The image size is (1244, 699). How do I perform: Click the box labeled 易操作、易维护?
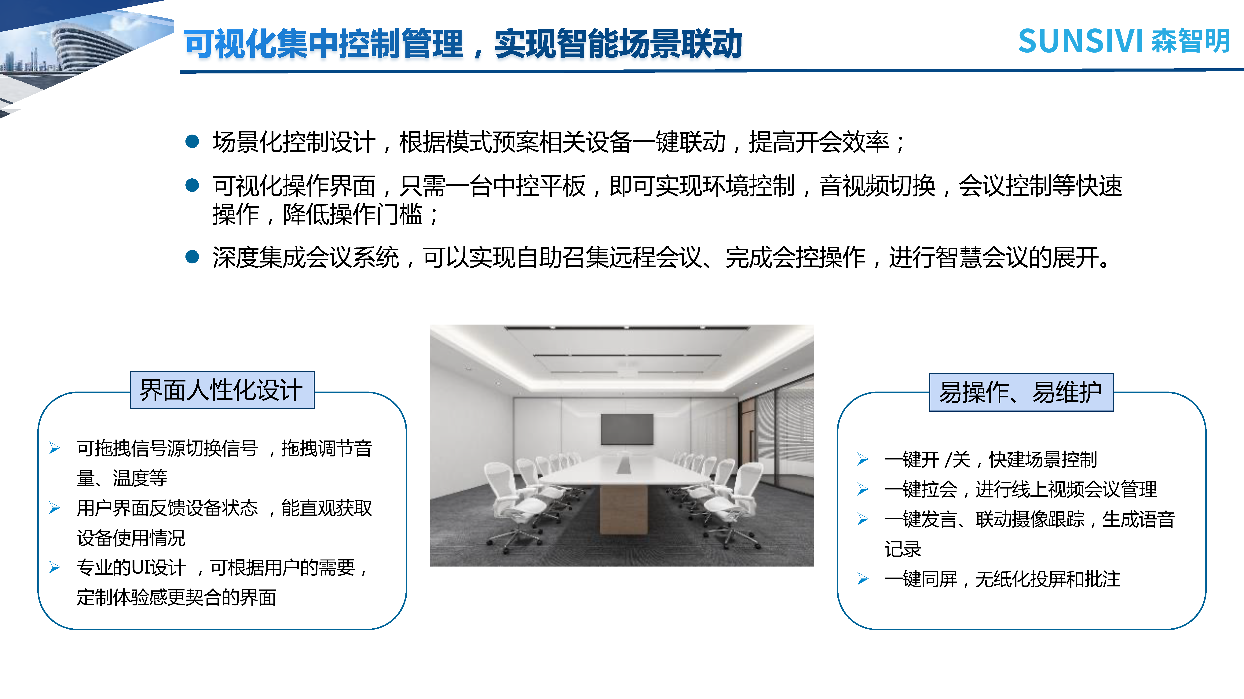click(x=1021, y=392)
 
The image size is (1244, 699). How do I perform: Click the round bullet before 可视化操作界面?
click(x=192, y=185)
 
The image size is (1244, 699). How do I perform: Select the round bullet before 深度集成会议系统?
click(x=192, y=257)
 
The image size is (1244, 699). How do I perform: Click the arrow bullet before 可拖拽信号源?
click(x=55, y=448)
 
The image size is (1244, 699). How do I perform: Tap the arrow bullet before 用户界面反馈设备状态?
click(x=55, y=508)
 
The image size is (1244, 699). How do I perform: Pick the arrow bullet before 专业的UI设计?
click(x=55, y=567)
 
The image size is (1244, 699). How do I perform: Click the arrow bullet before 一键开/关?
click(x=863, y=459)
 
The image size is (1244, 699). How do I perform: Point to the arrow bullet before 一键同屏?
click(x=863, y=579)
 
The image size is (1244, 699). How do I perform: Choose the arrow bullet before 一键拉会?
click(x=863, y=489)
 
